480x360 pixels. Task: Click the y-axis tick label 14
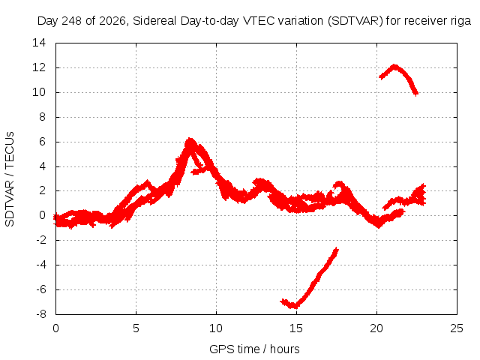[x=39, y=43]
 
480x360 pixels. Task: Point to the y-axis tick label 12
[x=39, y=67]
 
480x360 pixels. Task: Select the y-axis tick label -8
[x=41, y=314]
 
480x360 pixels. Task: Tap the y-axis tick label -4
[x=41, y=265]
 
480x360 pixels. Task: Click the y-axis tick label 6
[x=42, y=142]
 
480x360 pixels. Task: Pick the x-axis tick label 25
[x=457, y=328]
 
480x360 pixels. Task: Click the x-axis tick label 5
[x=136, y=328]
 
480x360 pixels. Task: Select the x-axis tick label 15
[x=296, y=328]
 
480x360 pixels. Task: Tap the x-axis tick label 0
[x=55, y=328]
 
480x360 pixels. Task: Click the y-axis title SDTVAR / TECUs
[x=10, y=179]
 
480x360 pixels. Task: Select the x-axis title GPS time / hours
[x=254, y=349]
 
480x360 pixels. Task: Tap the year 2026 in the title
[x=112, y=22]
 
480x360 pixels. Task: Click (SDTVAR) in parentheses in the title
[x=355, y=21]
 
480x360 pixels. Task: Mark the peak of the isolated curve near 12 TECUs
[x=394, y=66]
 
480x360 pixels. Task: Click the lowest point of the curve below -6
[x=294, y=306]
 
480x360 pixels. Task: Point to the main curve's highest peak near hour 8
[x=190, y=140]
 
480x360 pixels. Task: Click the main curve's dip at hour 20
[x=379, y=226]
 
